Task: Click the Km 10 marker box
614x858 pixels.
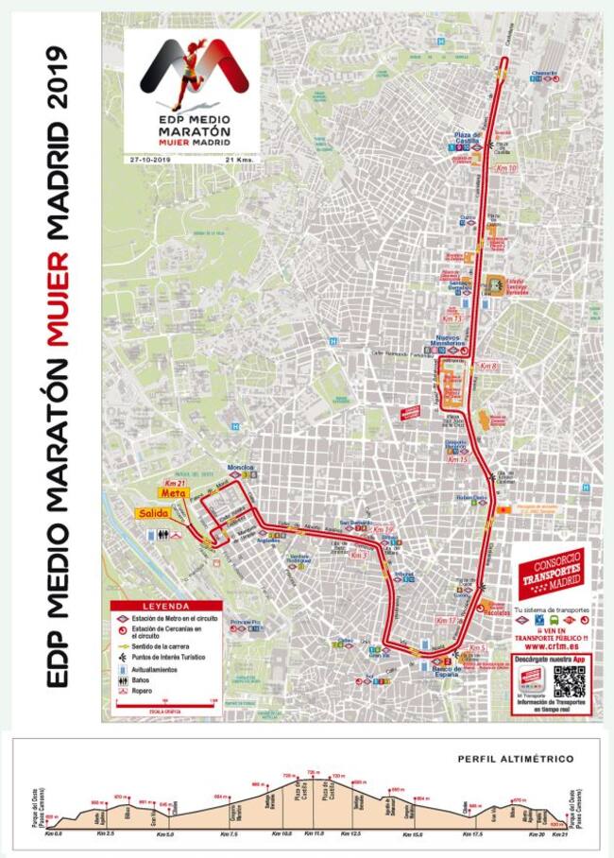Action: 505,168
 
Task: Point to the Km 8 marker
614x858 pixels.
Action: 488,365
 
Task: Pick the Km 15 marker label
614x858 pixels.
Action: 457,458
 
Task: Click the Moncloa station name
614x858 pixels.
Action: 241,468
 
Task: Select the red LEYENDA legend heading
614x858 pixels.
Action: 165,606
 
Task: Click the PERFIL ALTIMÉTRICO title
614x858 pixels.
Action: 515,758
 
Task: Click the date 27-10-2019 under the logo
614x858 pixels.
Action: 150,160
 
